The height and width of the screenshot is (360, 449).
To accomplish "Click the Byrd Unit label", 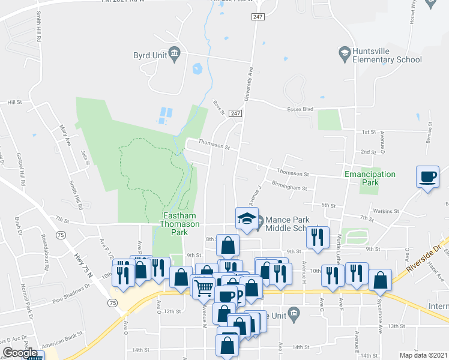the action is (x=150, y=56).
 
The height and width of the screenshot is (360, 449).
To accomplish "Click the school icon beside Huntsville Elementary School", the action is (x=345, y=53).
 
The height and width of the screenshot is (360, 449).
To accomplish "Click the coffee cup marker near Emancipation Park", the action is (x=427, y=177).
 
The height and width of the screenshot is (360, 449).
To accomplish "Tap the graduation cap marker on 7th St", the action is (x=246, y=219).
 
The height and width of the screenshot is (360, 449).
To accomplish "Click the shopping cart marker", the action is (x=203, y=287).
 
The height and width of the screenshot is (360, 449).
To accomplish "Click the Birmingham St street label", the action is (x=289, y=186).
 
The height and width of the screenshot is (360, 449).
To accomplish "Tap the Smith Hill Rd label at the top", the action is (x=38, y=25).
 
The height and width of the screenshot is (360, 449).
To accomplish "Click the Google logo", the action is (x=20, y=353).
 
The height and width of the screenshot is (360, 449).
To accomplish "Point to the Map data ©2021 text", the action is (x=422, y=355).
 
